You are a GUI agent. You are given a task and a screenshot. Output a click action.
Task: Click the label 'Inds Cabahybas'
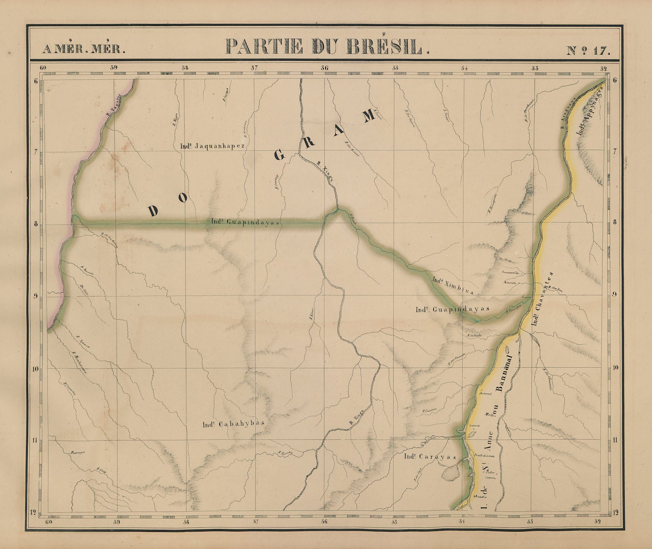click(x=233, y=424)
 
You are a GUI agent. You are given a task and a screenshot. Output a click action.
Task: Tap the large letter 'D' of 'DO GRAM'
click(x=154, y=210)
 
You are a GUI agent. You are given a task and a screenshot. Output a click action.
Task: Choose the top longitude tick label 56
click(x=324, y=68)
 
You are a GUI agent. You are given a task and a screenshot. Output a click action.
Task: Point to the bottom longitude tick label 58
click(x=186, y=521)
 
